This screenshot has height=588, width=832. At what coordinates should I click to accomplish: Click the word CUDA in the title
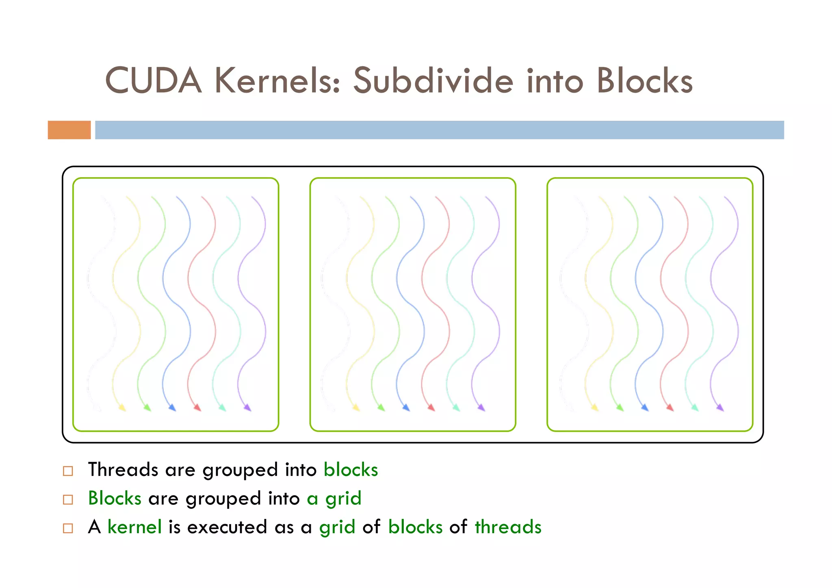(x=153, y=80)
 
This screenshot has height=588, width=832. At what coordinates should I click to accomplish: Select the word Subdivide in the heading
(x=433, y=80)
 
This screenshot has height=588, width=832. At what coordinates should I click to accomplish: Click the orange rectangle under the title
(x=69, y=130)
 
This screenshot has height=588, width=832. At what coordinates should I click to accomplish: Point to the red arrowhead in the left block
(x=197, y=407)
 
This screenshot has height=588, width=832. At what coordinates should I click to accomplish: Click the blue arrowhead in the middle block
(x=406, y=407)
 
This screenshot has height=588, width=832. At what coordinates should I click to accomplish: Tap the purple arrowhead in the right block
(x=720, y=407)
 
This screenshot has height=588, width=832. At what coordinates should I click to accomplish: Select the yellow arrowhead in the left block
(x=122, y=407)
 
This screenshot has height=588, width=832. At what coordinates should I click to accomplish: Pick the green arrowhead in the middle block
(x=381, y=407)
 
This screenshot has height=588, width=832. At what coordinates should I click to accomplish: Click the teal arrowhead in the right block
(x=695, y=407)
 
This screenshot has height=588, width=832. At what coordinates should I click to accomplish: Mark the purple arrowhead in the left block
(x=247, y=407)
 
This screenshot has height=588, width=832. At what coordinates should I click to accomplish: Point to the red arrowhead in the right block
(x=670, y=407)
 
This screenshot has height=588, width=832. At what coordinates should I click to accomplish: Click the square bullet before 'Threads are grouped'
(x=68, y=471)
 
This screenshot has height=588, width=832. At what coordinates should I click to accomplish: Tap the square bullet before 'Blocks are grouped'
(x=68, y=499)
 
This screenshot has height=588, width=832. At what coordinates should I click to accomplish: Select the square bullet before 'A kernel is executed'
(x=68, y=528)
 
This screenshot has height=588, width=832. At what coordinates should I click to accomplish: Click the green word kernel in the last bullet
(x=134, y=527)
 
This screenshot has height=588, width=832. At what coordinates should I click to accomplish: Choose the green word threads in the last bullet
(x=508, y=527)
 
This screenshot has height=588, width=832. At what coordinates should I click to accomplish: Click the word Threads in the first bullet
(x=123, y=470)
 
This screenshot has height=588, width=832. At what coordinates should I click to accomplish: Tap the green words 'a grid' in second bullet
(x=334, y=499)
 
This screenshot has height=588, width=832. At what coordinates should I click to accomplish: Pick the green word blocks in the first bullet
(x=351, y=470)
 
